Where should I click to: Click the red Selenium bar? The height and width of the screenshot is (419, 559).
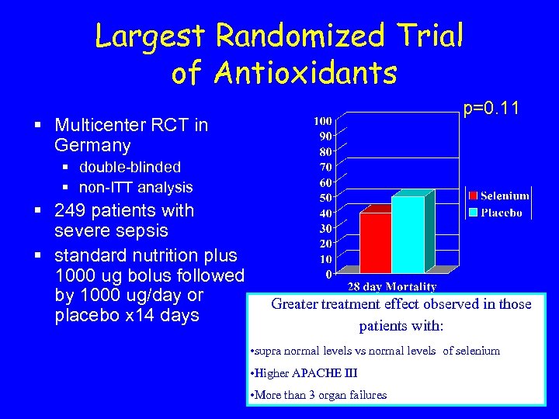pyautogui.click(x=375, y=242)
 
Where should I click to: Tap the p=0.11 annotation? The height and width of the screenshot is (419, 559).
pyautogui.click(x=491, y=109)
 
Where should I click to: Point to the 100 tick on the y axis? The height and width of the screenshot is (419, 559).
pyautogui.click(x=323, y=121)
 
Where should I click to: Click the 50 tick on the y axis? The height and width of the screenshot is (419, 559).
pyautogui.click(x=325, y=198)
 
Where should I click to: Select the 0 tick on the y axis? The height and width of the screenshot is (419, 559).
pyautogui.click(x=328, y=274)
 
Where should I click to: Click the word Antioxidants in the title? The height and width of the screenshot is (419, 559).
pyautogui.click(x=283, y=73)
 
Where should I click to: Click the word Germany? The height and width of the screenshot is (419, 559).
pyautogui.click(x=92, y=145)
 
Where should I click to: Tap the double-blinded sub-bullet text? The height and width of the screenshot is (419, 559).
pyautogui.click(x=130, y=167)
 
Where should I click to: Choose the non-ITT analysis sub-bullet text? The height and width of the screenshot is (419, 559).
pyautogui.click(x=136, y=187)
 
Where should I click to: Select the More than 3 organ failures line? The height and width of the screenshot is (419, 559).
pyautogui.click(x=320, y=395)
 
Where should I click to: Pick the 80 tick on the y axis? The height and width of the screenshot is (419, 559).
pyautogui.click(x=325, y=151)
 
